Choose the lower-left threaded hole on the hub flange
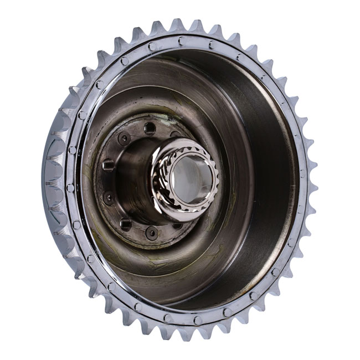pos(126,223)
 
